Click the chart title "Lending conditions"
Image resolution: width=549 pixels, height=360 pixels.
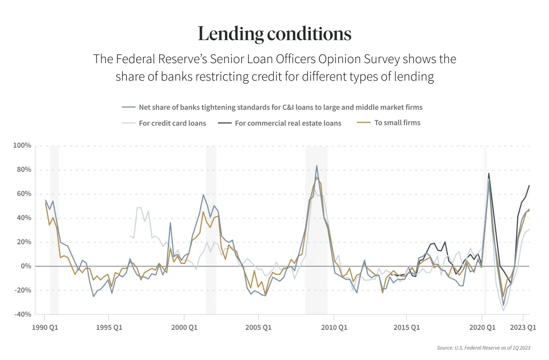coord(274,34)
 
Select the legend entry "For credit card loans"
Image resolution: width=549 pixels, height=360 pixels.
coord(172,123)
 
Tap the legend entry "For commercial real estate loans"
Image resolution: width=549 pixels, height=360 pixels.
coord(288,123)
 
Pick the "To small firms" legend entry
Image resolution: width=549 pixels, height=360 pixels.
coord(397,123)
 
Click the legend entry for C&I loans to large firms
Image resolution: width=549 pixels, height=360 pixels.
coord(280,107)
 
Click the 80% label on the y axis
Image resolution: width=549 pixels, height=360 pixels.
coord(22,170)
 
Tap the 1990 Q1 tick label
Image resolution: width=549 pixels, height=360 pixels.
coord(44,328)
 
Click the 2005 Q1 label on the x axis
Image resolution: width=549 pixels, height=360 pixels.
coord(258,328)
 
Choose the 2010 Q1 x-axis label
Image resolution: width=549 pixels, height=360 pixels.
coord(334,328)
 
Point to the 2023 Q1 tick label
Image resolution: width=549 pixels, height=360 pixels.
coord(522,328)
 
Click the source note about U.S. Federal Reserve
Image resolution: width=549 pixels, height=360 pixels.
coord(483,348)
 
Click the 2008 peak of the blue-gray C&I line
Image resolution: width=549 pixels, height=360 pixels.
coord(316,166)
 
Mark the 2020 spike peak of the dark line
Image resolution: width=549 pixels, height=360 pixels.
coord(489,173)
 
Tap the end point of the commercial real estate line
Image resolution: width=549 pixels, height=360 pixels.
coord(529,185)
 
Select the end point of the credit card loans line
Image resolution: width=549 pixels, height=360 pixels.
coord(529,230)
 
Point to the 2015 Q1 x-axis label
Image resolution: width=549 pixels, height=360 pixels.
coord(406,328)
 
